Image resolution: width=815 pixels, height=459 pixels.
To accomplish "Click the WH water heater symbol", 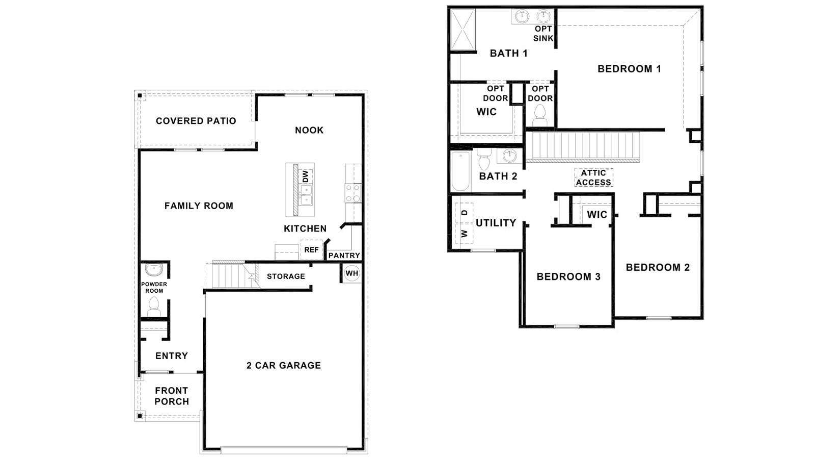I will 352,273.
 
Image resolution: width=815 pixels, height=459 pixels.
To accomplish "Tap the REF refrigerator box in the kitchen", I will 311,250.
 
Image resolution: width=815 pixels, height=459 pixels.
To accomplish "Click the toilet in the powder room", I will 153,307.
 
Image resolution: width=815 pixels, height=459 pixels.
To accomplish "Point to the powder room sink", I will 153,270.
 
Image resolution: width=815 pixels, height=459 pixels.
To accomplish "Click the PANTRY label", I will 344,256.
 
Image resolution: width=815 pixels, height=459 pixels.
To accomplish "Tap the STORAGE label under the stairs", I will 286,276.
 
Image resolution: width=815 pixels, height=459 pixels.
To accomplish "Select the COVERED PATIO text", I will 196,121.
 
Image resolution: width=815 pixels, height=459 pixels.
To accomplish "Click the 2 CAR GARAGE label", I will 284,365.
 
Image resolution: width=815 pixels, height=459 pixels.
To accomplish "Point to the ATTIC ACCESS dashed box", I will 593,177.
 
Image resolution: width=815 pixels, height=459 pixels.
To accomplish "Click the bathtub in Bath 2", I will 460,171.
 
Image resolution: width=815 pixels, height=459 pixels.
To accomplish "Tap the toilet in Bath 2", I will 484,160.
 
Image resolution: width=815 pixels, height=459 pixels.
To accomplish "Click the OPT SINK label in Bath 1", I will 543,34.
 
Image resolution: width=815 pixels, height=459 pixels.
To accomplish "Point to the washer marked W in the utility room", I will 464,234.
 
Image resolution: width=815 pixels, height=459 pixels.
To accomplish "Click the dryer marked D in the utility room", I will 464,212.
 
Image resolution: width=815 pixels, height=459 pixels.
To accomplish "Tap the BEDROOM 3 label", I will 568,277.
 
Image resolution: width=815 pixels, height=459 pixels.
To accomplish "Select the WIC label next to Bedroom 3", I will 596,215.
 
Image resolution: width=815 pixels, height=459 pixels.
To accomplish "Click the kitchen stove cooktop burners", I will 352,193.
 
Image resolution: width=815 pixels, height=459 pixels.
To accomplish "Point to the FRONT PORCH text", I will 172,396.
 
